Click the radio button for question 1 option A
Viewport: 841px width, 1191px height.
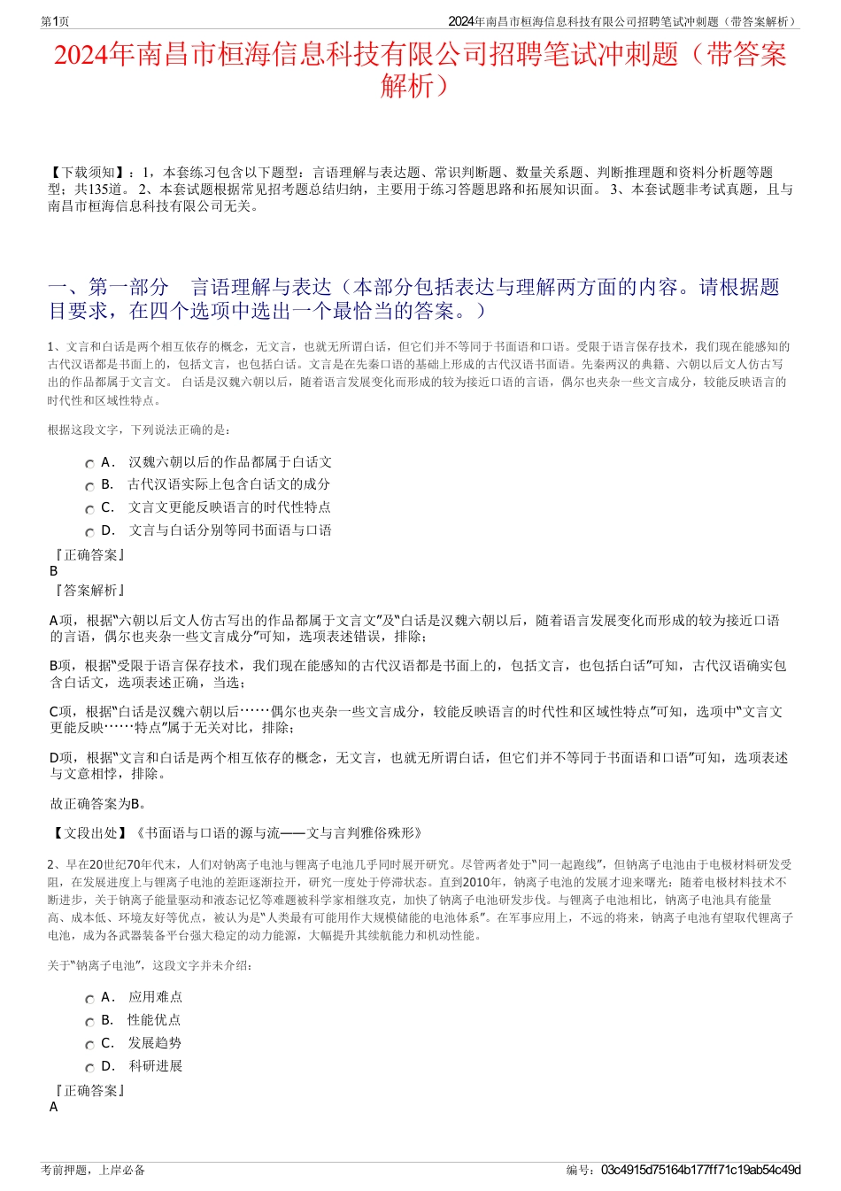click(89, 464)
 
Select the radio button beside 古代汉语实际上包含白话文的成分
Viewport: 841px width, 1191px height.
click(89, 487)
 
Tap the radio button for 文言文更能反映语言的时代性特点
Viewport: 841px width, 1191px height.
click(89, 510)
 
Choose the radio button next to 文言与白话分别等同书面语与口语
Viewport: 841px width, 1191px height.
click(89, 533)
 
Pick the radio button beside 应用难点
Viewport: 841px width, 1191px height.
click(89, 999)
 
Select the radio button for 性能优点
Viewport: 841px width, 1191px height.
click(89, 1022)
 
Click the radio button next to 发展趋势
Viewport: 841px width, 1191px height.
click(89, 1045)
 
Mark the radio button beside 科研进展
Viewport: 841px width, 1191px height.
click(89, 1068)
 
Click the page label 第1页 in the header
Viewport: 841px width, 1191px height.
click(56, 21)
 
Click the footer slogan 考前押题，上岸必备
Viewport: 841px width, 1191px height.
click(93, 1170)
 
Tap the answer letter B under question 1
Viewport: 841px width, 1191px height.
click(54, 571)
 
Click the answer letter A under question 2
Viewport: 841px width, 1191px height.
click(54, 1107)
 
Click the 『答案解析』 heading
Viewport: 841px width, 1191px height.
click(89, 591)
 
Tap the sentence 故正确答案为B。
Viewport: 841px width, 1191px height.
click(98, 804)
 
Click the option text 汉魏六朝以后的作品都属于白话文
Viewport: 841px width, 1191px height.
click(230, 462)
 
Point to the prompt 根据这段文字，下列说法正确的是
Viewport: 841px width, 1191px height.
click(139, 430)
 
